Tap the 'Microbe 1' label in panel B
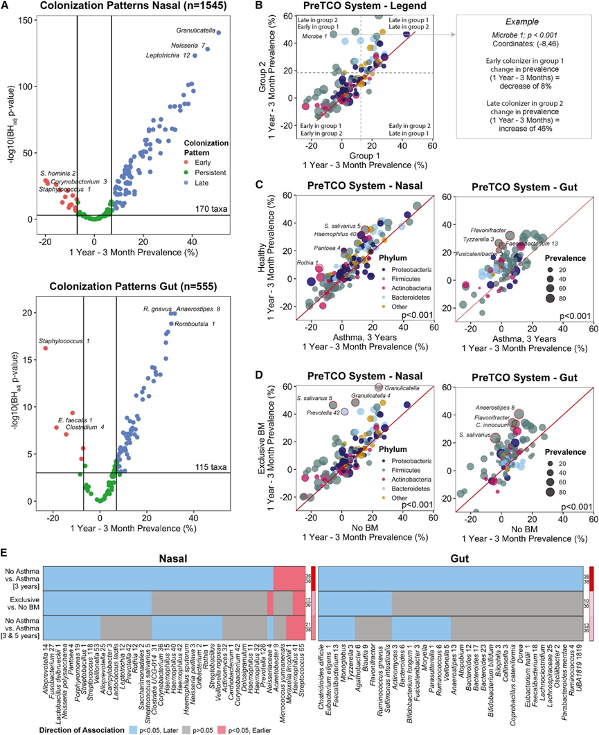(x=314, y=55)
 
